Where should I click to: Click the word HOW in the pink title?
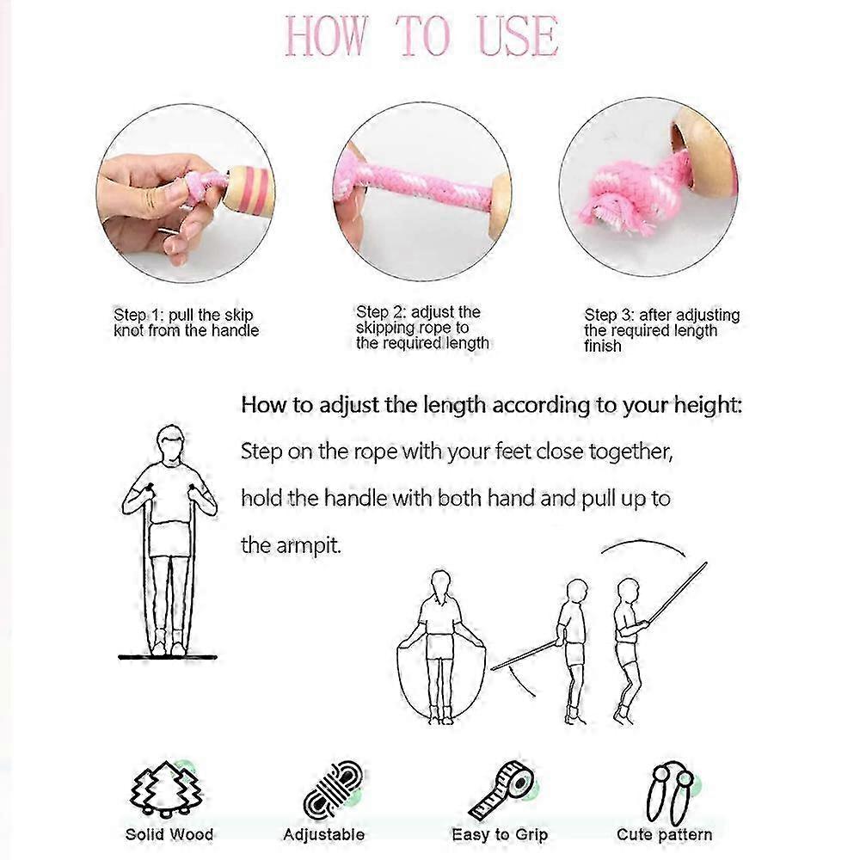click(326, 36)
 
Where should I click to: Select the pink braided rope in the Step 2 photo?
click(421, 185)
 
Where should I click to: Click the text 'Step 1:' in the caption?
click(140, 315)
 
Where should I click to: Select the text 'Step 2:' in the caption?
click(383, 311)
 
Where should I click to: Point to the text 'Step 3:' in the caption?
click(611, 316)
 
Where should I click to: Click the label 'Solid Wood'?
click(169, 833)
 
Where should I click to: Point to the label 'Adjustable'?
click(324, 834)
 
